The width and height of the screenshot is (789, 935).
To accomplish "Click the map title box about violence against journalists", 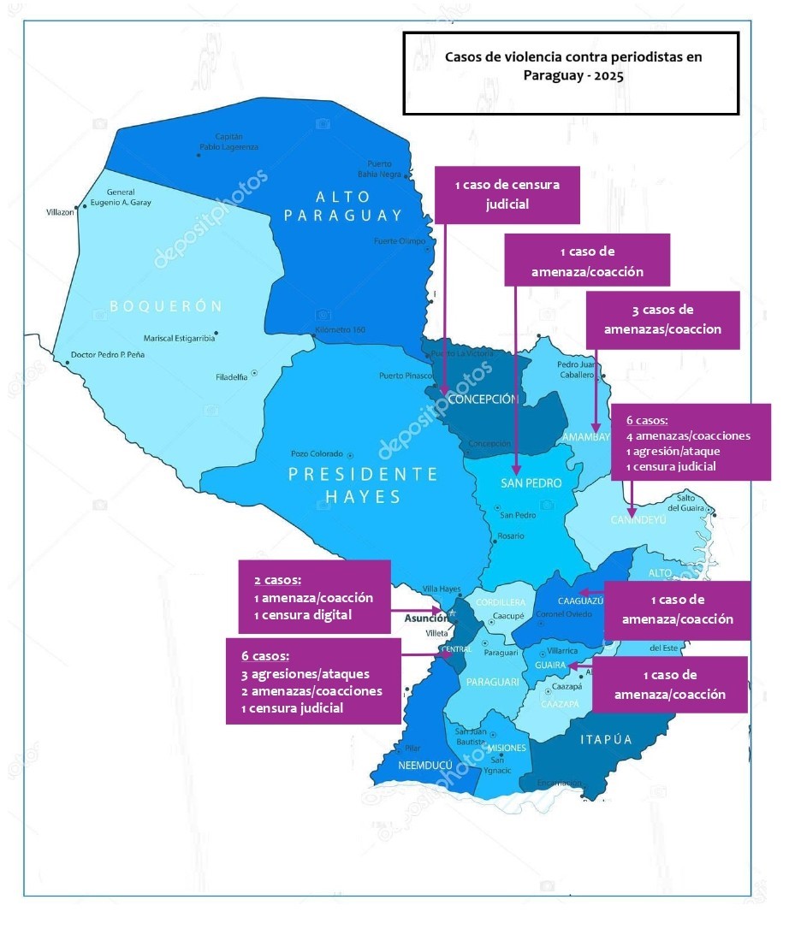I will click(x=571, y=74).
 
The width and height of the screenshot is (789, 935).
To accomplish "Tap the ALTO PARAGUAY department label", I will click(x=342, y=206).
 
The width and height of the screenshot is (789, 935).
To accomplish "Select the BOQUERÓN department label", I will click(x=166, y=306).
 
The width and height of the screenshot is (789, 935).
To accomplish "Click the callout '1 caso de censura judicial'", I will click(x=507, y=194).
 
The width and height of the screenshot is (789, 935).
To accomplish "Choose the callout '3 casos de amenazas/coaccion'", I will click(x=662, y=319).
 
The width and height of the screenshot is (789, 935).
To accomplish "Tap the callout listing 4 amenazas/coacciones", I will click(x=688, y=442).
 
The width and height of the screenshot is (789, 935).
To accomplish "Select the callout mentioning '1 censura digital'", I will click(x=314, y=597).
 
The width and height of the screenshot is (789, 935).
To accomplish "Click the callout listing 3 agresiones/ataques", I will click(x=313, y=681).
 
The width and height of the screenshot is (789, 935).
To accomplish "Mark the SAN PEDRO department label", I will click(x=531, y=483).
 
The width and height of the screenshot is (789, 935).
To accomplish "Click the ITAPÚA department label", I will click(x=606, y=739).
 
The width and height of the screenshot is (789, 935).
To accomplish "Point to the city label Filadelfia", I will click(x=231, y=376).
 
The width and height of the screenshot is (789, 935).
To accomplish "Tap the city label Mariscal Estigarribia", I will click(x=179, y=338).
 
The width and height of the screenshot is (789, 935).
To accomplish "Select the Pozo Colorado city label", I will click(x=316, y=453).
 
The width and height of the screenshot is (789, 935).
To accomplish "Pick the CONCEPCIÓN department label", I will click(x=483, y=399).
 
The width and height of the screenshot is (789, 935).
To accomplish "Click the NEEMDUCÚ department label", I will click(x=424, y=766).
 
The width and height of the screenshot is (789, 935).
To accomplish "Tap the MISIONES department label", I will click(x=507, y=748).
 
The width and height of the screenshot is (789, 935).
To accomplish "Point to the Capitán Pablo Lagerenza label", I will click(x=228, y=141).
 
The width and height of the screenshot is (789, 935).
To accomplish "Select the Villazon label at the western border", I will click(x=60, y=211).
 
